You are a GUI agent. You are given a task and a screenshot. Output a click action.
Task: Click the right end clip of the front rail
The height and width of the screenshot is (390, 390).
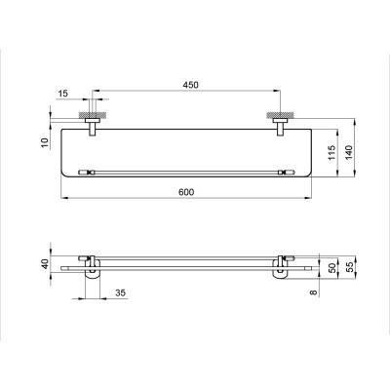(x=286, y=172)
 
